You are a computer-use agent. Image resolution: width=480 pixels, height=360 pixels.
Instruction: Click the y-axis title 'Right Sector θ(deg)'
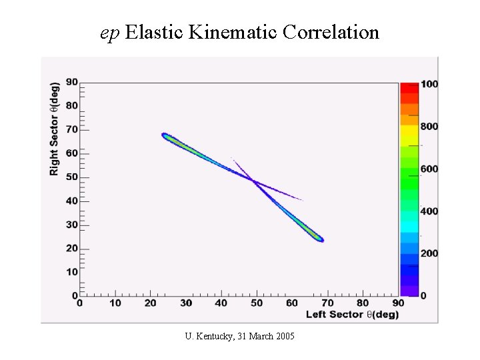tap(54, 129)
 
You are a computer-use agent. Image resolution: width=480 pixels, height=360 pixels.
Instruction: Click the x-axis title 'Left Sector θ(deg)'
tap(352, 314)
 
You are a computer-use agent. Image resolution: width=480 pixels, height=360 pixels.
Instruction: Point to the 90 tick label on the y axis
tap(71, 81)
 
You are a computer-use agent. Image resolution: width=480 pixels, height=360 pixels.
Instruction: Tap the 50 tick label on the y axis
tap(71, 177)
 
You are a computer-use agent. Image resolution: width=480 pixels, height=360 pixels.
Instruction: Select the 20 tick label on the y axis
tap(71, 248)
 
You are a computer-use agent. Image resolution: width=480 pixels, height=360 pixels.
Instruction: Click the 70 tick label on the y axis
tap(71, 129)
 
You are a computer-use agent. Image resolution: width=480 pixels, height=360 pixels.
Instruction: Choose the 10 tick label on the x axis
tap(115, 303)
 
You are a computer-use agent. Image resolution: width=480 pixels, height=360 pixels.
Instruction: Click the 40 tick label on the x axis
tap(221, 303)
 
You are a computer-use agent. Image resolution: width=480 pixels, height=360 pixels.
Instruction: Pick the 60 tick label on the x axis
tap(292, 303)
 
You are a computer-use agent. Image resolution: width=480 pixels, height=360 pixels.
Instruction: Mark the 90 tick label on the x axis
tap(397, 303)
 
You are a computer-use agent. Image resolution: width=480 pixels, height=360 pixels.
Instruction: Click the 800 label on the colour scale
tap(429, 126)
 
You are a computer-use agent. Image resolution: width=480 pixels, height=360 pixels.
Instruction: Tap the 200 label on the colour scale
tap(429, 253)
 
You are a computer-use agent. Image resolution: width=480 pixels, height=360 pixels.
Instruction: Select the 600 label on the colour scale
tap(429, 169)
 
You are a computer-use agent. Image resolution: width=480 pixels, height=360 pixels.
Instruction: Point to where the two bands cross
tap(254, 181)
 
